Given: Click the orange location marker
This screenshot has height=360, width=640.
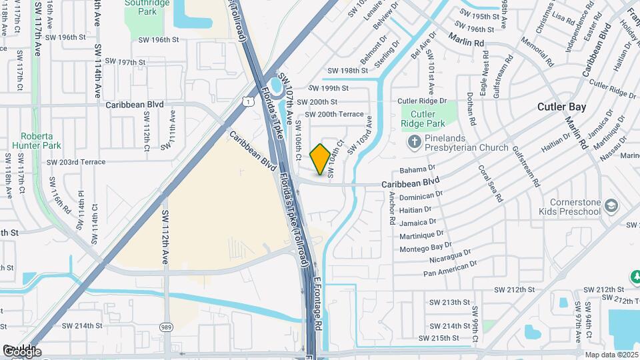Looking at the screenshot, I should tap(320, 159).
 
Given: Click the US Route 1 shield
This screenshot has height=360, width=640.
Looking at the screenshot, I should tap(248, 101).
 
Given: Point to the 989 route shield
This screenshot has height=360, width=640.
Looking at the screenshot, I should tap(166, 327).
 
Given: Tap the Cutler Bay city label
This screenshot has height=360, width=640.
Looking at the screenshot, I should tap(561, 107).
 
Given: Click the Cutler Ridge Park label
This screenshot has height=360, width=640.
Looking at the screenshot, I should tap(423, 119).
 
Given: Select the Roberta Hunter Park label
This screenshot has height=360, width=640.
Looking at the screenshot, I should tap(41, 140).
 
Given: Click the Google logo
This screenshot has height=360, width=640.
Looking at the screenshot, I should tap(21, 351).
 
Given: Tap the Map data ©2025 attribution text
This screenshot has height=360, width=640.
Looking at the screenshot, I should tap(612, 355).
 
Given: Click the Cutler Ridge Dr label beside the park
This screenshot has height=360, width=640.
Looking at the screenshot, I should tap(422, 101).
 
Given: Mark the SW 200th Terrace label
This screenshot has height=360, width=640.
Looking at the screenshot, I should tap(331, 114).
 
